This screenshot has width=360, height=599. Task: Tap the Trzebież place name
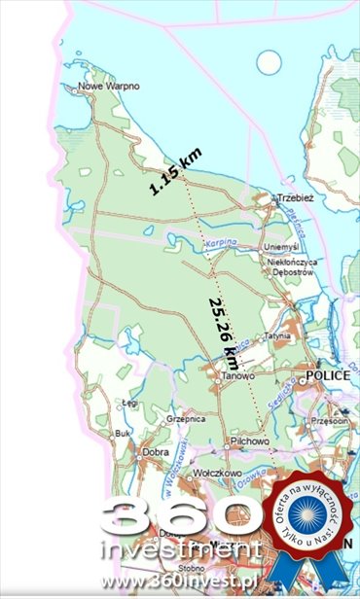click(298, 197)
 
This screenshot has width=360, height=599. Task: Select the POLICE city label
click(327, 374)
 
